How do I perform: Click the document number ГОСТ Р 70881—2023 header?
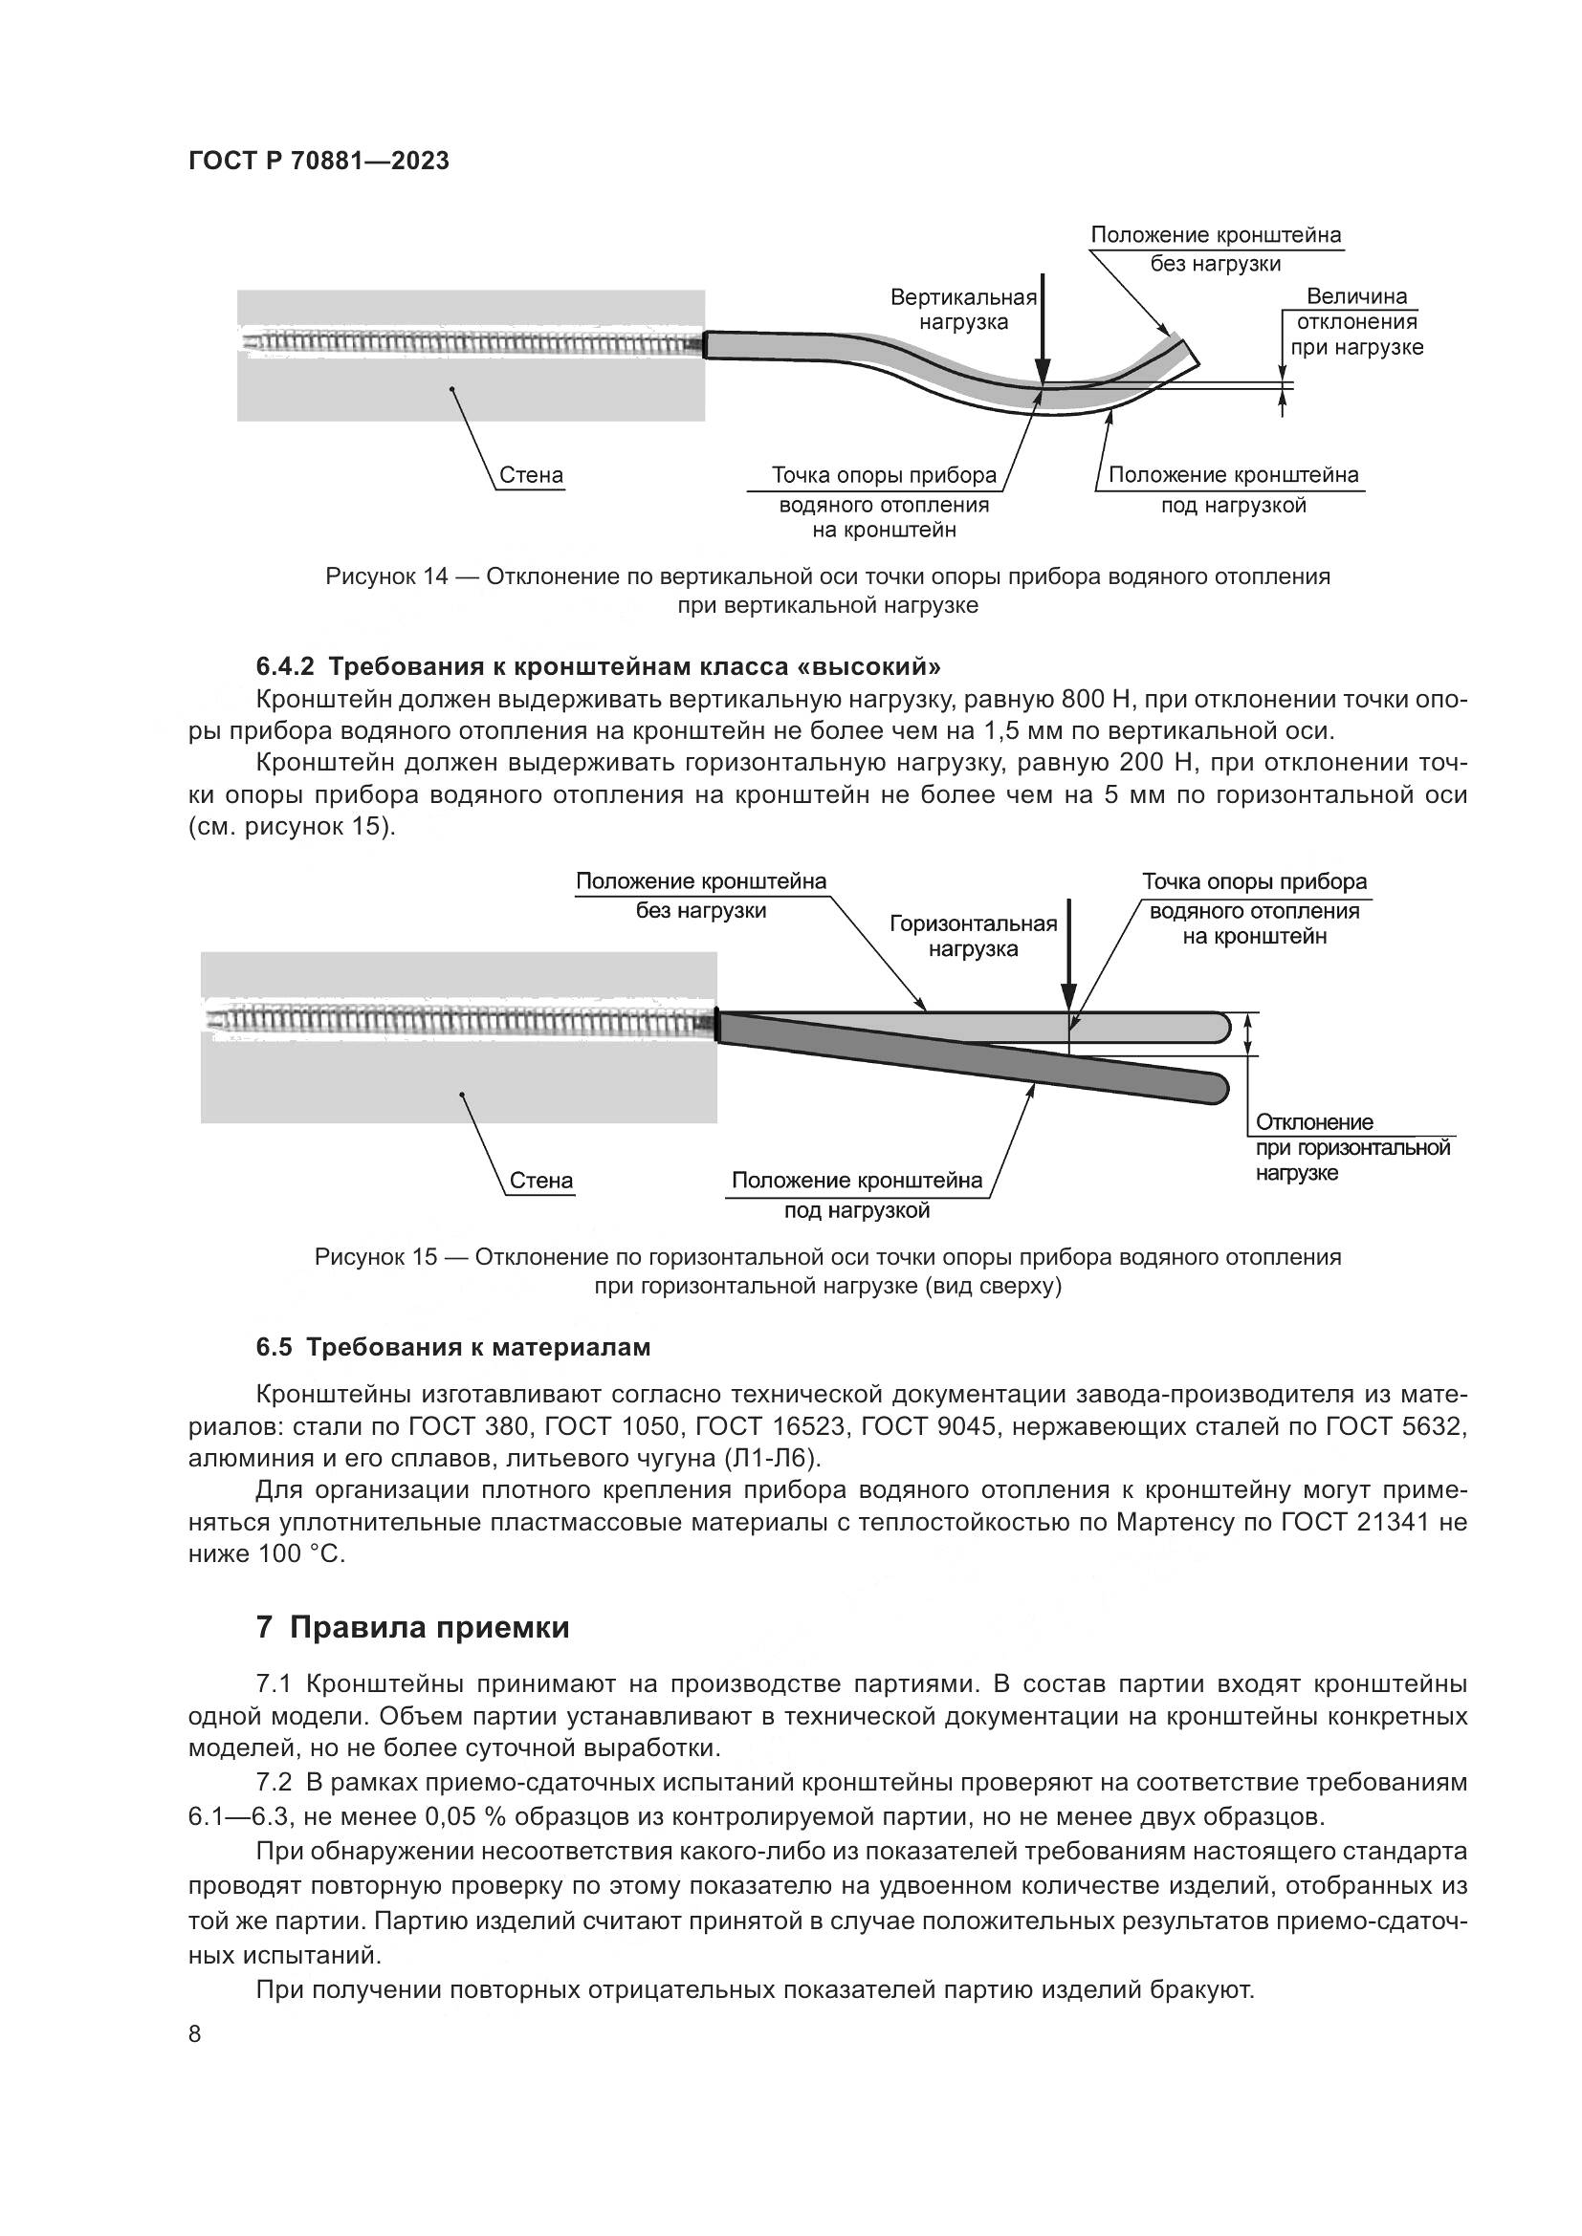[319, 162]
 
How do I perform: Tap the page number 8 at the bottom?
[195, 2033]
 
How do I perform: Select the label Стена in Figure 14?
[531, 475]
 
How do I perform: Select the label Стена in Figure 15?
[541, 1181]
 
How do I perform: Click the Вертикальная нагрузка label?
[963, 310]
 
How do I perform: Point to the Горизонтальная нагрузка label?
[973, 936]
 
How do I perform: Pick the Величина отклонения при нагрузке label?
[1357, 321]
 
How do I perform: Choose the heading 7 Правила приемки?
[412, 1627]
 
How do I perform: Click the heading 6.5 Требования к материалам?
[453, 1347]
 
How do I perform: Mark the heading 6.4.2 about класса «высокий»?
[598, 667]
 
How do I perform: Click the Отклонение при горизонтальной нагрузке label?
[1352, 1147]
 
